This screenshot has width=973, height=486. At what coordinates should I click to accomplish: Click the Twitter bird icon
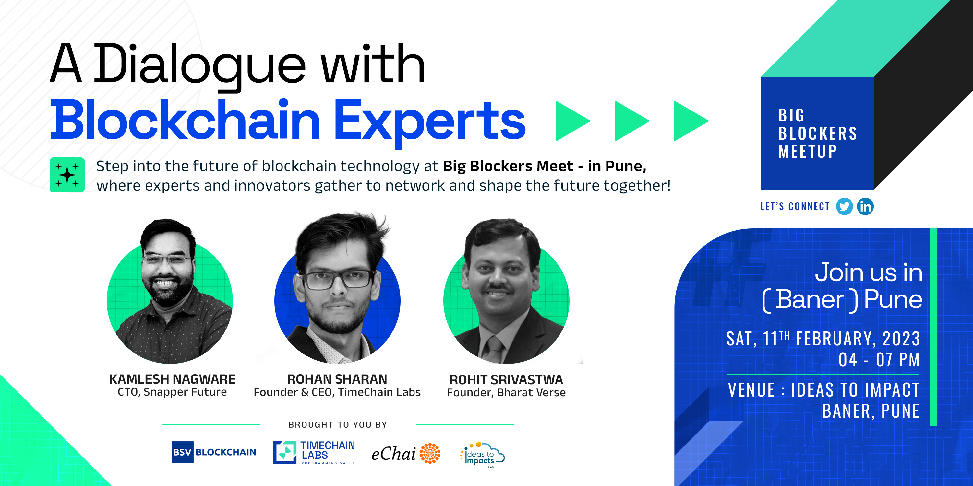(x=844, y=206)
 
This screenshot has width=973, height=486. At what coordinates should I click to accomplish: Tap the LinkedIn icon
(x=865, y=206)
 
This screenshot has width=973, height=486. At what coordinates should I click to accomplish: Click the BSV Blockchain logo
(x=214, y=452)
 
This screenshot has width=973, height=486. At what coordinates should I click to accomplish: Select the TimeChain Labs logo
(x=314, y=452)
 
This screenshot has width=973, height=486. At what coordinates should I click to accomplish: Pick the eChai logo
(x=406, y=453)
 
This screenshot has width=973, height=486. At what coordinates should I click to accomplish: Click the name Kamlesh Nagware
(x=172, y=379)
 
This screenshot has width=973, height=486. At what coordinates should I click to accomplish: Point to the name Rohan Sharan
(x=337, y=379)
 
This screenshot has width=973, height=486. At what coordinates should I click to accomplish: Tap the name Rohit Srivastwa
(x=506, y=379)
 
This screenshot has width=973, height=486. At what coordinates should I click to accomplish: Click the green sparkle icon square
(x=67, y=175)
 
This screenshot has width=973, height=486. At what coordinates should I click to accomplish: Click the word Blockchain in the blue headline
(x=185, y=119)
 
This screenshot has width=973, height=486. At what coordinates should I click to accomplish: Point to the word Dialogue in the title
(x=199, y=65)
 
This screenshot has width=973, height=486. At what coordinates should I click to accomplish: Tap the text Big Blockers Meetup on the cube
(x=817, y=133)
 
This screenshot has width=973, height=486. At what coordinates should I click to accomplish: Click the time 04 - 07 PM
(x=879, y=360)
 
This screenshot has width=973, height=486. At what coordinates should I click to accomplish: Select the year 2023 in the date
(x=901, y=339)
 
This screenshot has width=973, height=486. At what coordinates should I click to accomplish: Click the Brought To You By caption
(x=338, y=425)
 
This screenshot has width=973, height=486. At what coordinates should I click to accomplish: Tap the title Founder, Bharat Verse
(x=506, y=392)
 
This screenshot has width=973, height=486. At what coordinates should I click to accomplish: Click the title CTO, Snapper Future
(x=172, y=392)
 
